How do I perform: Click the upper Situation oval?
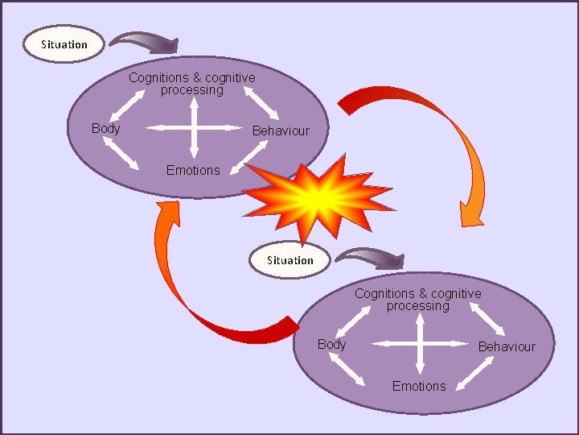[x=64, y=44]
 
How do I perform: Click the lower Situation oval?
[x=289, y=260]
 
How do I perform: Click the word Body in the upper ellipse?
[x=105, y=128]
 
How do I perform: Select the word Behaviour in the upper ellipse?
[x=281, y=130]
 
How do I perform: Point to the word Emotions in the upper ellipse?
[x=193, y=170]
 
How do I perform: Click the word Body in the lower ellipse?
[x=331, y=344]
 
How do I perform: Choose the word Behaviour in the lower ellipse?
[x=507, y=346]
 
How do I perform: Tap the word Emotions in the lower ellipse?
[x=418, y=386]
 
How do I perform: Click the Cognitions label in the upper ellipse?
[x=192, y=84]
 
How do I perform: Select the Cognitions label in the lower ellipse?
[x=418, y=300]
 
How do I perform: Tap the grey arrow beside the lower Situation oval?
[x=369, y=258]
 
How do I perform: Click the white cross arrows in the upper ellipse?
[x=195, y=126]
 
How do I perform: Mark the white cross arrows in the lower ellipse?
[x=420, y=343]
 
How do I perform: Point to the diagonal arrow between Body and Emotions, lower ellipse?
[x=347, y=371]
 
